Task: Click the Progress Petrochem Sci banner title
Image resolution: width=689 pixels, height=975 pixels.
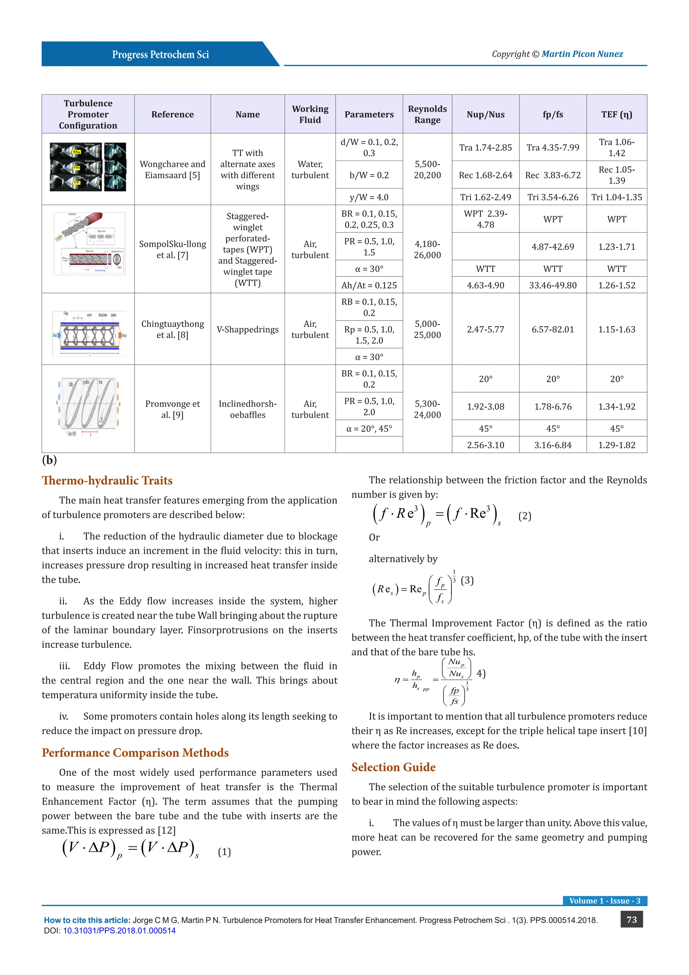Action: coord(160,54)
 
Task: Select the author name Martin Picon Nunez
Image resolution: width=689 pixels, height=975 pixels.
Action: coord(582,54)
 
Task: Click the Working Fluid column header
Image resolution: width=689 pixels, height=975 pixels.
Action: coord(310,114)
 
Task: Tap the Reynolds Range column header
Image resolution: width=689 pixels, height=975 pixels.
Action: coord(427,114)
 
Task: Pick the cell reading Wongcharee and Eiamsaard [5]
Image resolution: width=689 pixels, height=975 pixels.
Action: coord(172,169)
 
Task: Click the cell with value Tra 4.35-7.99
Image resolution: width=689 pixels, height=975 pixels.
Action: coord(552,147)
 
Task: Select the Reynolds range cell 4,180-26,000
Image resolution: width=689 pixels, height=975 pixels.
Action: coord(427,249)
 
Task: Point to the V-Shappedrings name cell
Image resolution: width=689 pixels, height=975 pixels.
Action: coord(247,329)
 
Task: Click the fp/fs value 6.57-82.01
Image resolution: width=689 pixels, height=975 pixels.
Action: coord(552,329)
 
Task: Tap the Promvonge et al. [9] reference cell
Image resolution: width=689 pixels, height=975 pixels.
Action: coord(172,409)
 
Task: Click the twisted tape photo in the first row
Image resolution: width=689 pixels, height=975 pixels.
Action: coord(88,167)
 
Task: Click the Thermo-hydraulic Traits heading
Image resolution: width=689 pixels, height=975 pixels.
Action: coord(107,480)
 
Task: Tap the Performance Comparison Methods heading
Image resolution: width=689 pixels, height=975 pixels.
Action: coord(135,752)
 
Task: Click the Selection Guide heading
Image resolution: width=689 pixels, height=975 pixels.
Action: coord(393,767)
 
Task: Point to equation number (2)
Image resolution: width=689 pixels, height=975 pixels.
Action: coord(524,516)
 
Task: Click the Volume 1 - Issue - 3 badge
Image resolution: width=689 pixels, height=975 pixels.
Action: coord(604,901)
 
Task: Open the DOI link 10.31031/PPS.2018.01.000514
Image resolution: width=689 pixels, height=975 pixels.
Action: coord(119,931)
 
